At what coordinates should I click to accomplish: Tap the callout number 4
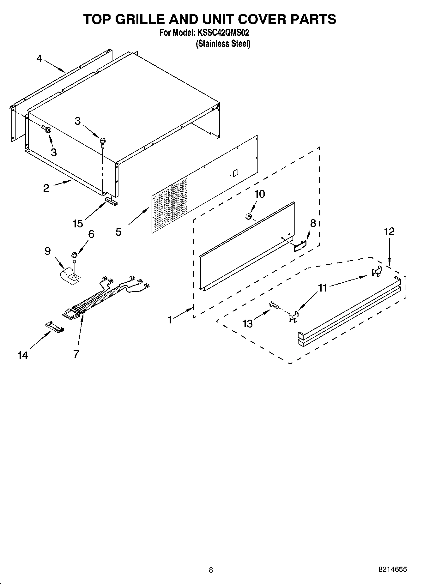pyautogui.click(x=39, y=59)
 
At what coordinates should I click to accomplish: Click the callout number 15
pyautogui.click(x=77, y=224)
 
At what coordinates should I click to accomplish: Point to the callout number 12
pyautogui.click(x=389, y=232)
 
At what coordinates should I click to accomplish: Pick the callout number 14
pyautogui.click(x=22, y=356)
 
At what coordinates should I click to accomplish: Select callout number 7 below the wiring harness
pyautogui.click(x=76, y=354)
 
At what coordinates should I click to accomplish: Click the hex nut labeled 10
pyautogui.click(x=248, y=216)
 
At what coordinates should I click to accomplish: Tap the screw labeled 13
pyautogui.click(x=274, y=305)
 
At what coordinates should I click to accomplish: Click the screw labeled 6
pyautogui.click(x=74, y=256)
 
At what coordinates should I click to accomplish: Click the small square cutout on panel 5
pyautogui.click(x=235, y=172)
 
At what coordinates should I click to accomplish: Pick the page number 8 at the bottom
pyautogui.click(x=211, y=570)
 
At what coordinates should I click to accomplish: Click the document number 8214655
pyautogui.click(x=392, y=569)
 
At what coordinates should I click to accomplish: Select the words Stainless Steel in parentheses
pyautogui.click(x=223, y=44)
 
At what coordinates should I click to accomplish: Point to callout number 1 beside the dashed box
pyautogui.click(x=170, y=320)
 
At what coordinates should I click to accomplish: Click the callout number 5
pyautogui.click(x=118, y=232)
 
